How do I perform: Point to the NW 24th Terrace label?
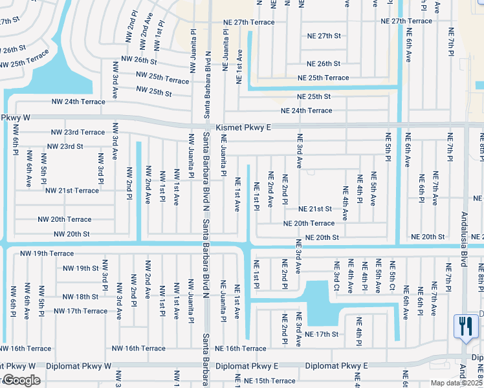[x=78, y=102]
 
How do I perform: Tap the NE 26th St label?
[x=324, y=64]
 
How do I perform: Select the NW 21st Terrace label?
[x=72, y=191]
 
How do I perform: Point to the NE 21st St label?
[x=315, y=209]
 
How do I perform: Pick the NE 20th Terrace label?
[x=309, y=223]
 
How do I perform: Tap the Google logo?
[x=21, y=380]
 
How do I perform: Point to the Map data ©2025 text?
[x=456, y=383]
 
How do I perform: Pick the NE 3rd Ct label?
[x=336, y=275]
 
